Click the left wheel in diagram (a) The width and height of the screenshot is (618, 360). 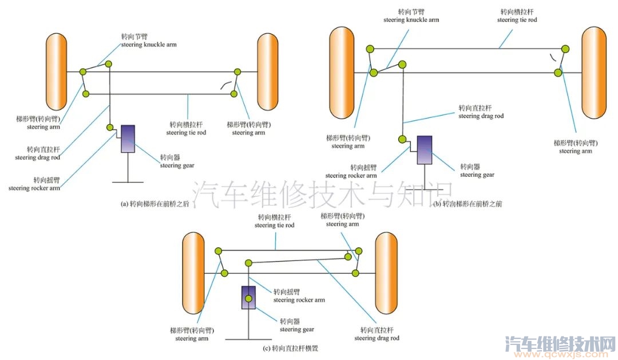pyautogui.click(x=57, y=72)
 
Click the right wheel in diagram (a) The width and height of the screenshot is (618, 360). pyautogui.click(x=267, y=72)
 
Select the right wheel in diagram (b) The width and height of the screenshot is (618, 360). pyautogui.click(x=593, y=73)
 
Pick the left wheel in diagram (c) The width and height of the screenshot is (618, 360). pyautogui.click(x=193, y=272)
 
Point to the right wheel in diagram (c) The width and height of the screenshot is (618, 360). pyautogui.click(x=386, y=272)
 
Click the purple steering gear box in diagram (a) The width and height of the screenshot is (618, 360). pyautogui.click(x=128, y=139)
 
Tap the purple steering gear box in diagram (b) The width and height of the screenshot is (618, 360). pyautogui.click(x=425, y=149)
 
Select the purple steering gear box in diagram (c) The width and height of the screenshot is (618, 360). pyautogui.click(x=249, y=298)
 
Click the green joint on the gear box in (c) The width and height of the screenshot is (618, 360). pyautogui.click(x=249, y=299)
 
